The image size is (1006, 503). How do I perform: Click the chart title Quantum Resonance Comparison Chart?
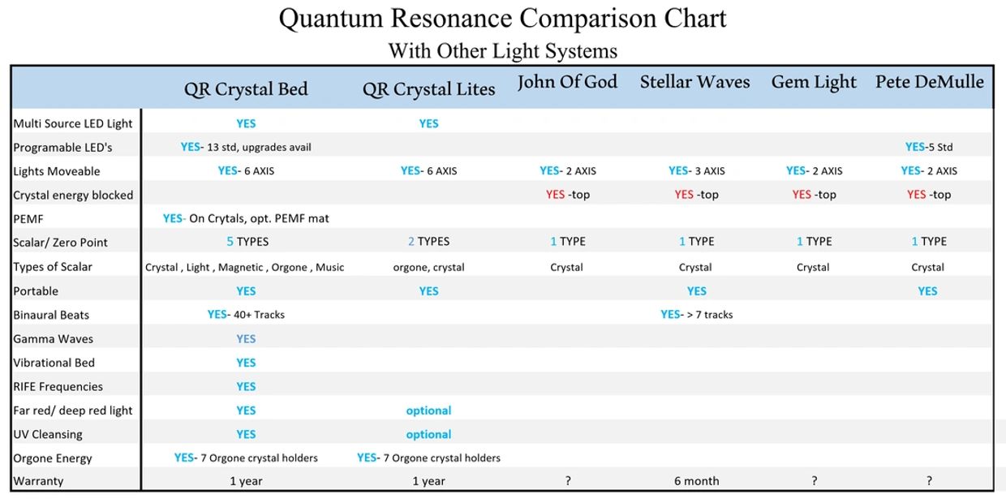pos(502,18)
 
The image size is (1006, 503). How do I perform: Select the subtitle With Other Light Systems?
pos(502,51)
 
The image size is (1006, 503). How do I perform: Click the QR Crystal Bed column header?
pos(246,89)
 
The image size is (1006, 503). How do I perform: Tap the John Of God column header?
pos(567,82)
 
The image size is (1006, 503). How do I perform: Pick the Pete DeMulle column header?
pos(929,82)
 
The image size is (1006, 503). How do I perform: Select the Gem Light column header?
pos(814,82)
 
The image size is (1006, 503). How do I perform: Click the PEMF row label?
pos(28,218)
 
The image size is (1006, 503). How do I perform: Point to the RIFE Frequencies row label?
pos(58,386)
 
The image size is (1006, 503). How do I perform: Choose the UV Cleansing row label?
pos(47,434)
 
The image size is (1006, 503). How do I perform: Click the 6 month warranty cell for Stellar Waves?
pos(696,481)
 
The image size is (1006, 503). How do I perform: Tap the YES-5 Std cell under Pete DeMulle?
pos(929,147)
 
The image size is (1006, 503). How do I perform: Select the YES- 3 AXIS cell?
pos(695,170)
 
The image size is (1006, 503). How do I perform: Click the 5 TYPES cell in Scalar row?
pos(247,242)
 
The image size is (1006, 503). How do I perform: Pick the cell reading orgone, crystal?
pos(428,267)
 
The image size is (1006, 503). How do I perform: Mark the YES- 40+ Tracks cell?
pos(246,315)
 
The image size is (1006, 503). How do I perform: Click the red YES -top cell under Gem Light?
pos(814,195)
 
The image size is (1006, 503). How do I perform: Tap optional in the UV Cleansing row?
pos(428,434)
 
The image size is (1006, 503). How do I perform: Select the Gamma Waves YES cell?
pos(246,339)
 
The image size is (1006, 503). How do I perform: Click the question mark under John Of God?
pos(568,481)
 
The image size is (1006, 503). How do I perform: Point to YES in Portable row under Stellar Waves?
pos(696,291)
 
